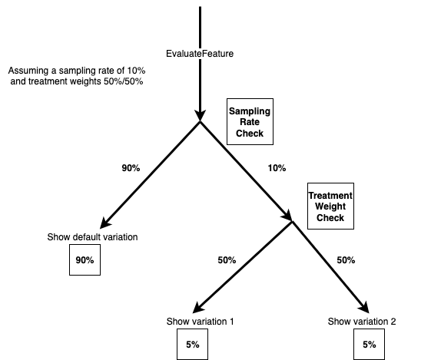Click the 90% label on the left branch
pos(130,168)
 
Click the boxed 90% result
pos(84,260)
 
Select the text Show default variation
pos(91,236)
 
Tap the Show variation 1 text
pos(200,320)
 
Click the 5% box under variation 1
pos(192,345)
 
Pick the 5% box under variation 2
pos(369,345)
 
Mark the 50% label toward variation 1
pos(227,260)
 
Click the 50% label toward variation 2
pos(346,260)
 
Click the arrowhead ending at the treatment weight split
pos(287,216)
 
